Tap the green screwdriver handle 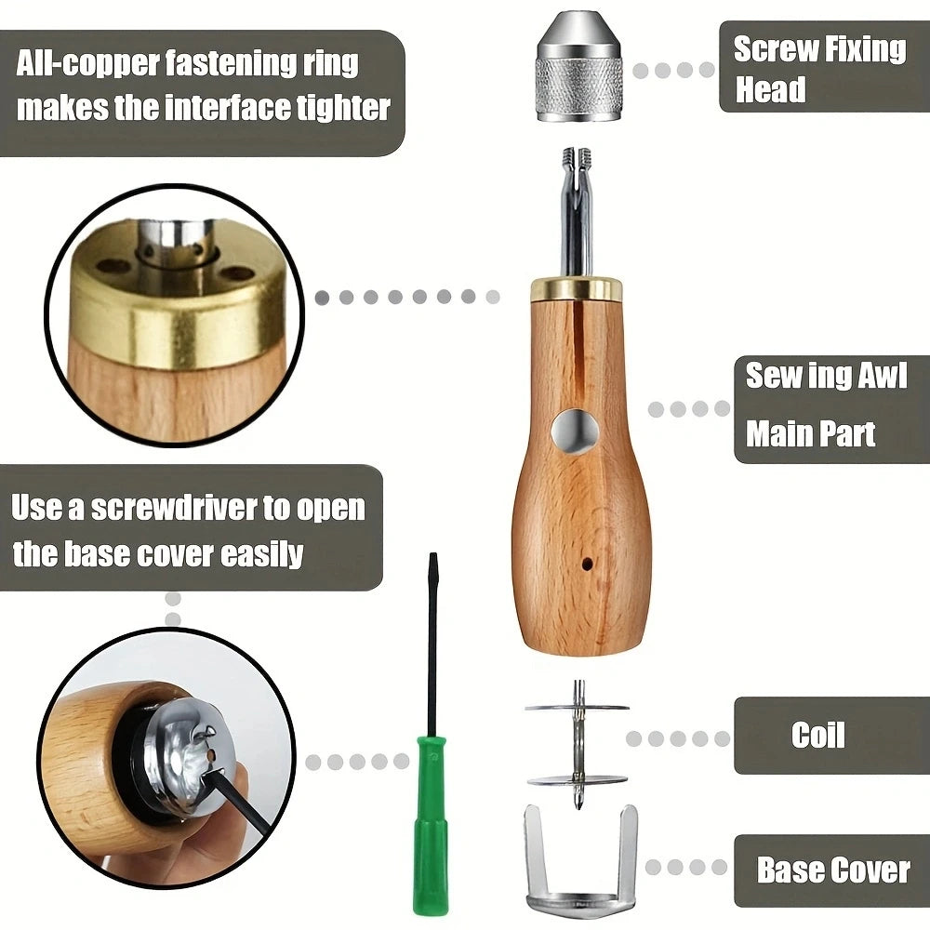(431, 824)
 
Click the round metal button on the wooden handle (574, 432)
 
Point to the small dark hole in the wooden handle (587, 563)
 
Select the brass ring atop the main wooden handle (576, 287)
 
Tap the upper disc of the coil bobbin (577, 708)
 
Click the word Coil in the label (817, 736)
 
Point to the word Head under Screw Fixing (770, 89)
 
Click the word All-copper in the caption (87, 63)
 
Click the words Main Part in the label (810, 434)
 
